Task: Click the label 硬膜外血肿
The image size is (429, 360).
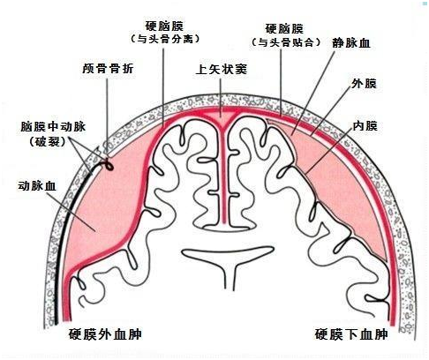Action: [105, 334]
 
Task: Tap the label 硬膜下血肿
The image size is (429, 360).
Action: [351, 334]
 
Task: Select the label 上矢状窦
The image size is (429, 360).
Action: [222, 70]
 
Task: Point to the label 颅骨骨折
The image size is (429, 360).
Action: [108, 69]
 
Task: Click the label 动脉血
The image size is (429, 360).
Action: [37, 186]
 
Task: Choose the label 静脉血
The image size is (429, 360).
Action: [351, 43]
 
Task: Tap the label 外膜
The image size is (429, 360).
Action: [364, 84]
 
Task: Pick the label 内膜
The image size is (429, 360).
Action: [365, 126]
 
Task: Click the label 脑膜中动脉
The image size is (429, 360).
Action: [53, 127]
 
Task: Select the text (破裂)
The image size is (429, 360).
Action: [48, 142]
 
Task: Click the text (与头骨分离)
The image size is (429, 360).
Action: [165, 39]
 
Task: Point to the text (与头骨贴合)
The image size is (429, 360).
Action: [286, 42]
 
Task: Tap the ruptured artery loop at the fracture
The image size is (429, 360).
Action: [109, 165]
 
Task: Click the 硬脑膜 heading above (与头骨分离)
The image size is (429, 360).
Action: [164, 26]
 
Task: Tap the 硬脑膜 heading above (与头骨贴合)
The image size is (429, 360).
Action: [284, 29]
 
